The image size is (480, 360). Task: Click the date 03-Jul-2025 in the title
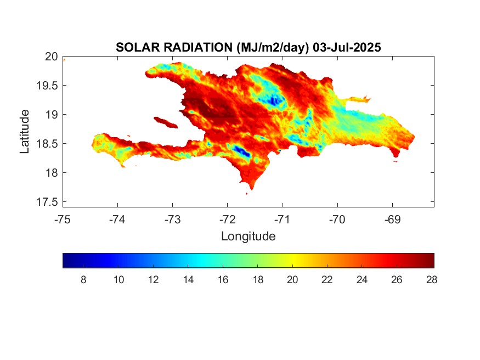[347, 47]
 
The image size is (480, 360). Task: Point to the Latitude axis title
[25, 131]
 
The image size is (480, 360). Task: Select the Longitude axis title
[249, 236]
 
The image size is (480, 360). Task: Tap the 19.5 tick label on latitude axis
[47, 86]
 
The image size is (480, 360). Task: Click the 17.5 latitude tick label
[47, 202]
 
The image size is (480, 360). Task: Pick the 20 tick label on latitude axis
[51, 57]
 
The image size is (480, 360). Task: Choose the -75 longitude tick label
[62, 220]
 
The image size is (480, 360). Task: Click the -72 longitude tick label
[228, 220]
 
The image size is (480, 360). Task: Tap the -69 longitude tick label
[392, 220]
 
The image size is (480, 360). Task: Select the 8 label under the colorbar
[83, 279]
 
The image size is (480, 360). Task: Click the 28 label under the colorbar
[432, 279]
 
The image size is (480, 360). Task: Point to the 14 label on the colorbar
[188, 279]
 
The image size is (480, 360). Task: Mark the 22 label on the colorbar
[327, 279]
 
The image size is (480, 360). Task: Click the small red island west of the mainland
[166, 123]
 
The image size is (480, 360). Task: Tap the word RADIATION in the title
[198, 47]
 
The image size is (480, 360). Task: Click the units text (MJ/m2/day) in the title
[273, 48]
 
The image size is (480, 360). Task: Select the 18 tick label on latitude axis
[52, 173]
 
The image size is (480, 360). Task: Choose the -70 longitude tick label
[337, 220]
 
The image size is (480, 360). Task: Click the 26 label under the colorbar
[397, 279]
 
